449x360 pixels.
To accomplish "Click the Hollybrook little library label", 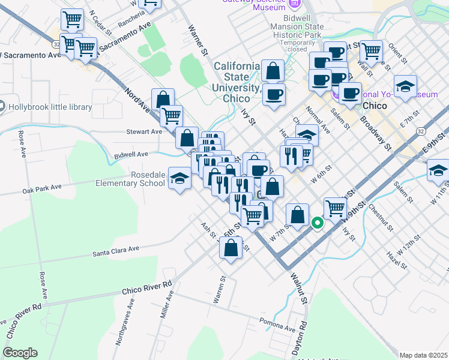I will tap(51, 107).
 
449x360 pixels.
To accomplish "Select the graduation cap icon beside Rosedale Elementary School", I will tap(179, 178).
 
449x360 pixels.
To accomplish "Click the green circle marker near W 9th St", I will tap(318, 223).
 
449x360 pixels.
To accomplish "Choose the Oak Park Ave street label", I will tap(42, 188).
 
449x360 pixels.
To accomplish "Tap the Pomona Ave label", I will tap(277, 329).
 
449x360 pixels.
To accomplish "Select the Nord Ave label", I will tap(137, 99).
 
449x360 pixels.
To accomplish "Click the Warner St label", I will tap(197, 37).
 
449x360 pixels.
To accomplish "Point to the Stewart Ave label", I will tap(144, 131).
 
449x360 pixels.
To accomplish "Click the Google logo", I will tap(20, 353).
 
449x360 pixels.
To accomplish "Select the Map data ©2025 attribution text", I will tap(423, 355).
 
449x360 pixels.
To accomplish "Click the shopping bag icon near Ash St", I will tap(231, 248).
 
